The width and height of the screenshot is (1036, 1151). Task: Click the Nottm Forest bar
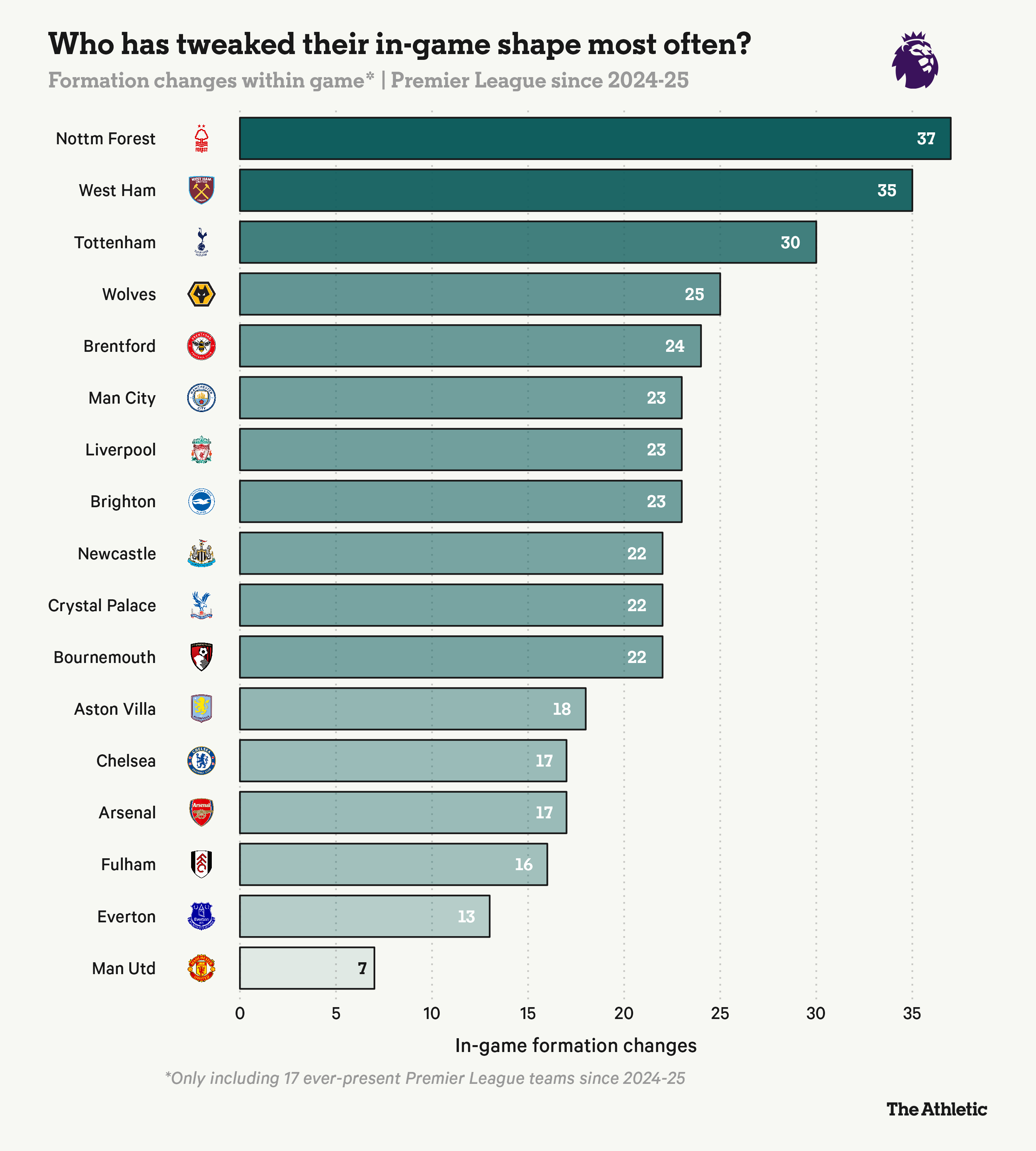[595, 139]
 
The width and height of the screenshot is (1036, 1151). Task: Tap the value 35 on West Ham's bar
[886, 190]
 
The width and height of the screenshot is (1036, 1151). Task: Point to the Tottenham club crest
[201, 242]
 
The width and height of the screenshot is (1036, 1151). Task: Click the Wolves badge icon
[201, 294]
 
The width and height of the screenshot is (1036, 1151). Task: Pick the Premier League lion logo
[915, 60]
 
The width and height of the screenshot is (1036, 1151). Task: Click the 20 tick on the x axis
[624, 1013]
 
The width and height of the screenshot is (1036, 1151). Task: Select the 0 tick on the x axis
[240, 1013]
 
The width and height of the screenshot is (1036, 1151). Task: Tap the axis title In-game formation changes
[576, 1046]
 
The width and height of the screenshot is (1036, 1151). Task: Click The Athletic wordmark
[936, 1109]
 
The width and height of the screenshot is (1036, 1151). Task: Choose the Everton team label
[126, 917]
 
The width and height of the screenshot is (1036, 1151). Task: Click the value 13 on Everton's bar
[466, 917]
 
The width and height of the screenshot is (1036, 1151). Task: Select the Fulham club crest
[201, 864]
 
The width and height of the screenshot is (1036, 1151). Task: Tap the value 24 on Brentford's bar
[675, 346]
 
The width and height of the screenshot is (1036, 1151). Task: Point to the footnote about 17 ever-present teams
[425, 1078]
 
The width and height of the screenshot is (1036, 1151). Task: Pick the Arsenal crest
[201, 812]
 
